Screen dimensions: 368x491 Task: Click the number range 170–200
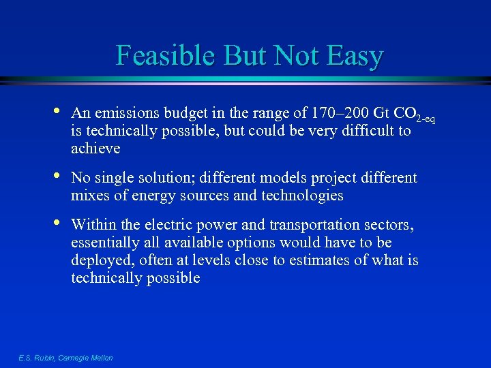(x=329, y=112)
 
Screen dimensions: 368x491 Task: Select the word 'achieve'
(x=95, y=148)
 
